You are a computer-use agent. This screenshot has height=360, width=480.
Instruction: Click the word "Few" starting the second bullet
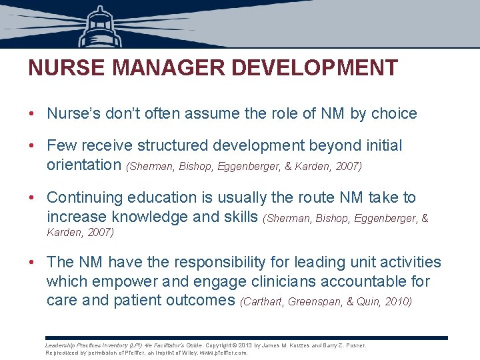click(x=61, y=145)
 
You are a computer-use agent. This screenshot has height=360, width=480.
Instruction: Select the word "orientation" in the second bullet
click(x=84, y=164)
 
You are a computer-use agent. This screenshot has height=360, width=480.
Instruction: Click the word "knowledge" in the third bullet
click(x=155, y=216)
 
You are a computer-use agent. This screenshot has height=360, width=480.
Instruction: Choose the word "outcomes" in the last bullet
click(x=202, y=300)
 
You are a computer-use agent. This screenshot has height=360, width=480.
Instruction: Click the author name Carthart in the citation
click(x=264, y=301)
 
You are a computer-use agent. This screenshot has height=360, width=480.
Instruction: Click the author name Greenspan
click(x=316, y=301)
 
